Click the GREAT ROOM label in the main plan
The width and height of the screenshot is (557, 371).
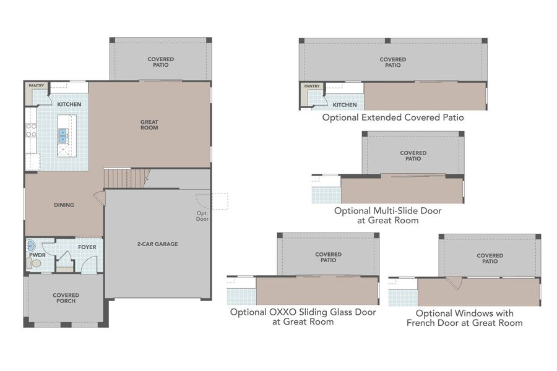[149, 125]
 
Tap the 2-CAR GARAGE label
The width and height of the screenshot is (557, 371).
[157, 244]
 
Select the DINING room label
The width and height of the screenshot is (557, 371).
[64, 205]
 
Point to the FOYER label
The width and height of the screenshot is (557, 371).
[87, 247]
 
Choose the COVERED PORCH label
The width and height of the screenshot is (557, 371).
[65, 298]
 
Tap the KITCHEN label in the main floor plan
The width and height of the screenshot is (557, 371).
[69, 104]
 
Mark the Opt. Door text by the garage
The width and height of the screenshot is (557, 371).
[202, 216]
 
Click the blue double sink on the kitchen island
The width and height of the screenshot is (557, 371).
[63, 135]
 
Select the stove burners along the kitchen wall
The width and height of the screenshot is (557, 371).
[30, 130]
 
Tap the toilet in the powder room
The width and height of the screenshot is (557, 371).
[35, 263]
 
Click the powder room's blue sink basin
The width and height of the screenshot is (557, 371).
[32, 244]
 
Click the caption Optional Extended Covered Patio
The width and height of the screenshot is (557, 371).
[392, 117]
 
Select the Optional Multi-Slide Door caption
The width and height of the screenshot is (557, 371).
[388, 215]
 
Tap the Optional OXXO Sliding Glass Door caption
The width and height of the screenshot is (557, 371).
[303, 317]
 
